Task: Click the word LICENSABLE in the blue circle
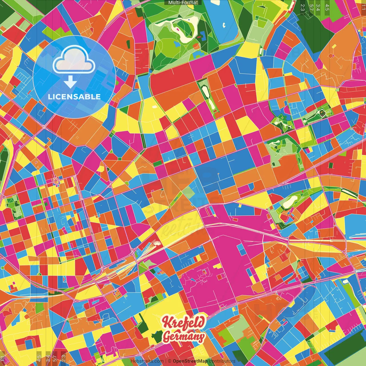pyautogui.click(x=74, y=97)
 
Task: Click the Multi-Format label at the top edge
pyautogui.click(x=183, y=3)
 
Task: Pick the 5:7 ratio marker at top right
pyautogui.click(x=311, y=7)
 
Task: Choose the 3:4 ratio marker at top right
pyautogui.click(x=318, y=7)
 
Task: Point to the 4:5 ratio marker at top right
pyautogui.click(x=327, y=7)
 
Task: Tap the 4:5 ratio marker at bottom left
pyautogui.click(x=39, y=358)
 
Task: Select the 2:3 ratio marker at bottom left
pyautogui.click(x=63, y=358)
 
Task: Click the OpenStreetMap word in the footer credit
pyautogui.click(x=190, y=361)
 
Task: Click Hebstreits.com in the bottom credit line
pyautogui.click(x=147, y=361)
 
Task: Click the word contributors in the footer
pyautogui.click(x=222, y=361)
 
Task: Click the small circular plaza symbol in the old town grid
pyautogui.click(x=55, y=181)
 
